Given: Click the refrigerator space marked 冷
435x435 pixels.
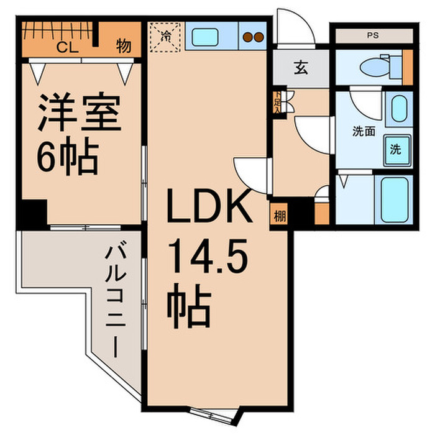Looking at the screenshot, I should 166,35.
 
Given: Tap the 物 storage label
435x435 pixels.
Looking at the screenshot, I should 124,47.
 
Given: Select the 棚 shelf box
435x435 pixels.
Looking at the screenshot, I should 280,217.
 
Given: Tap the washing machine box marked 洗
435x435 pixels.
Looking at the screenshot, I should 395,149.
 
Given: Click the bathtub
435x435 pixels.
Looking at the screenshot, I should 393,198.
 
